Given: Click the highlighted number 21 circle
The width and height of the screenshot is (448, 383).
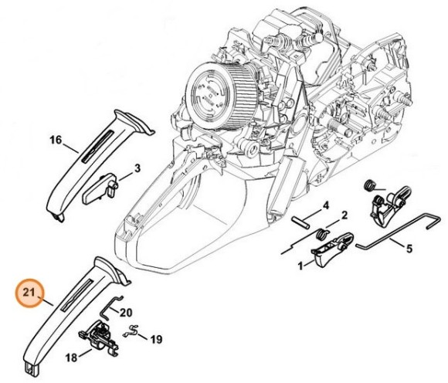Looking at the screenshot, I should (x=29, y=293).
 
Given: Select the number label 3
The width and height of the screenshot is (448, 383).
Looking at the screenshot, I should (x=136, y=168).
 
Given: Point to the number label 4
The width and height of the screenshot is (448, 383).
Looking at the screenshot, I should (x=325, y=205).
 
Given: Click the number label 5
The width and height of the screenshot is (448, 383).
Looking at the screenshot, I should (x=409, y=248).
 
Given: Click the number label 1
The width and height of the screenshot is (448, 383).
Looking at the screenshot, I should (x=300, y=265).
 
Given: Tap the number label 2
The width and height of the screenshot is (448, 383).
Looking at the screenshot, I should (x=344, y=215).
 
